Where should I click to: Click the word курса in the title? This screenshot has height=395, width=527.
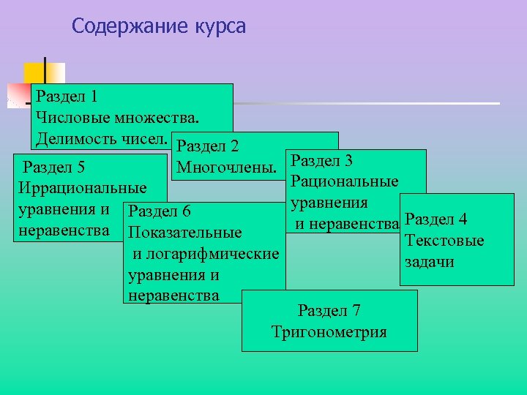pyautogui.click(x=220, y=27)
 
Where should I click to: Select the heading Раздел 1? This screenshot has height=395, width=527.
pyautogui.click(x=67, y=97)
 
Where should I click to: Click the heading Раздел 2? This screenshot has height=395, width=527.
pyautogui.click(x=208, y=146)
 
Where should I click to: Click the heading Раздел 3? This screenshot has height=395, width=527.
pyautogui.click(x=322, y=159)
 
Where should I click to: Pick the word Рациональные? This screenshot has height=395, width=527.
pyautogui.click(x=344, y=181)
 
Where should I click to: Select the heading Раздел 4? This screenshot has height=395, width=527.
pyautogui.click(x=436, y=219)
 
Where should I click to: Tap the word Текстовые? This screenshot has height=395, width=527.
pyautogui.click(x=444, y=241)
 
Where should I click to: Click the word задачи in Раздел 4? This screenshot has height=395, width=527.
pyautogui.click(x=428, y=262)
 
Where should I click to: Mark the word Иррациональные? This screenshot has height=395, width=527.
pyautogui.click(x=82, y=189)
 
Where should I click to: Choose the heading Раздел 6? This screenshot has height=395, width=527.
pyautogui.click(x=159, y=211)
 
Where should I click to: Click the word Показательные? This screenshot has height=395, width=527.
pyautogui.click(x=184, y=233)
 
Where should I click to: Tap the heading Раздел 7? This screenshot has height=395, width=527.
pyautogui.click(x=329, y=311)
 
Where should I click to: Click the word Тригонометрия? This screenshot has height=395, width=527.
pyautogui.click(x=329, y=332)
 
